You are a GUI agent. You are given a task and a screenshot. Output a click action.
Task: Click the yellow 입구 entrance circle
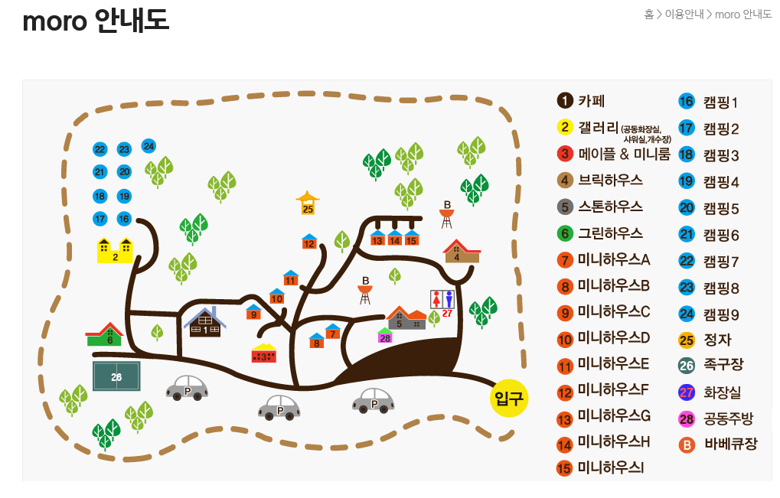tap(509, 399)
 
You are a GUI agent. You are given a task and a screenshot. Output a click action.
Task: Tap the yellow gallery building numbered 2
tap(115, 250)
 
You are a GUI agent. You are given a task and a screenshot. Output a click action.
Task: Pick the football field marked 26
tap(116, 376)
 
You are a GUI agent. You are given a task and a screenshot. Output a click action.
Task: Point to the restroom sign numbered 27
tap(442, 302)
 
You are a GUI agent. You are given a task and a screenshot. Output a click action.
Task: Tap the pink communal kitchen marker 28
tap(385, 336)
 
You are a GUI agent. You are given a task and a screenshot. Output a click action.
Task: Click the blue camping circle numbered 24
tap(148, 146)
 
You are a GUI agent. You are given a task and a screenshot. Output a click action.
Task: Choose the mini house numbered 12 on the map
tap(309, 242)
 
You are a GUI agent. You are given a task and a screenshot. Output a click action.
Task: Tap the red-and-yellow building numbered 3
tap(264, 353)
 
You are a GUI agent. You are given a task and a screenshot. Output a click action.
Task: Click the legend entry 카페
tap(591, 100)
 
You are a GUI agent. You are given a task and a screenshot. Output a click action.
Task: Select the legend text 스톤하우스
tap(609, 207)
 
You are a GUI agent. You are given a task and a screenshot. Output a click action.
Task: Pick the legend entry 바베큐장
tap(729, 443)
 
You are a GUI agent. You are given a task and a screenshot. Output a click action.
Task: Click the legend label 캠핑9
tap(721, 314)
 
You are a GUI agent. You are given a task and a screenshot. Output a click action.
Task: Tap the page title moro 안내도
tap(96, 21)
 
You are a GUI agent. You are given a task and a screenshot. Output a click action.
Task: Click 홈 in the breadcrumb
tap(648, 14)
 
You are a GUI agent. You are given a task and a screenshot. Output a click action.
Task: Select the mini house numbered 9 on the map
tap(253, 311)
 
